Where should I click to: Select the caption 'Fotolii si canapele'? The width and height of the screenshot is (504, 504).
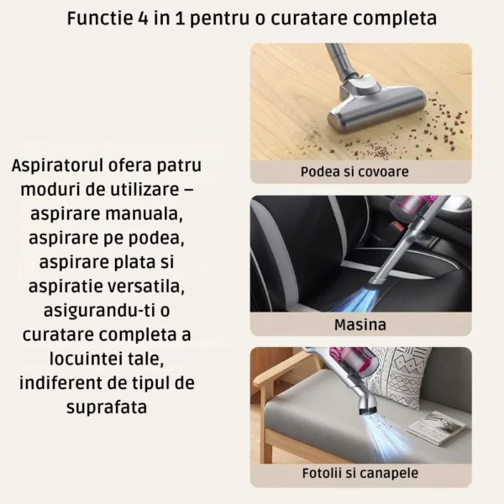pyautogui.click(x=360, y=474)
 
